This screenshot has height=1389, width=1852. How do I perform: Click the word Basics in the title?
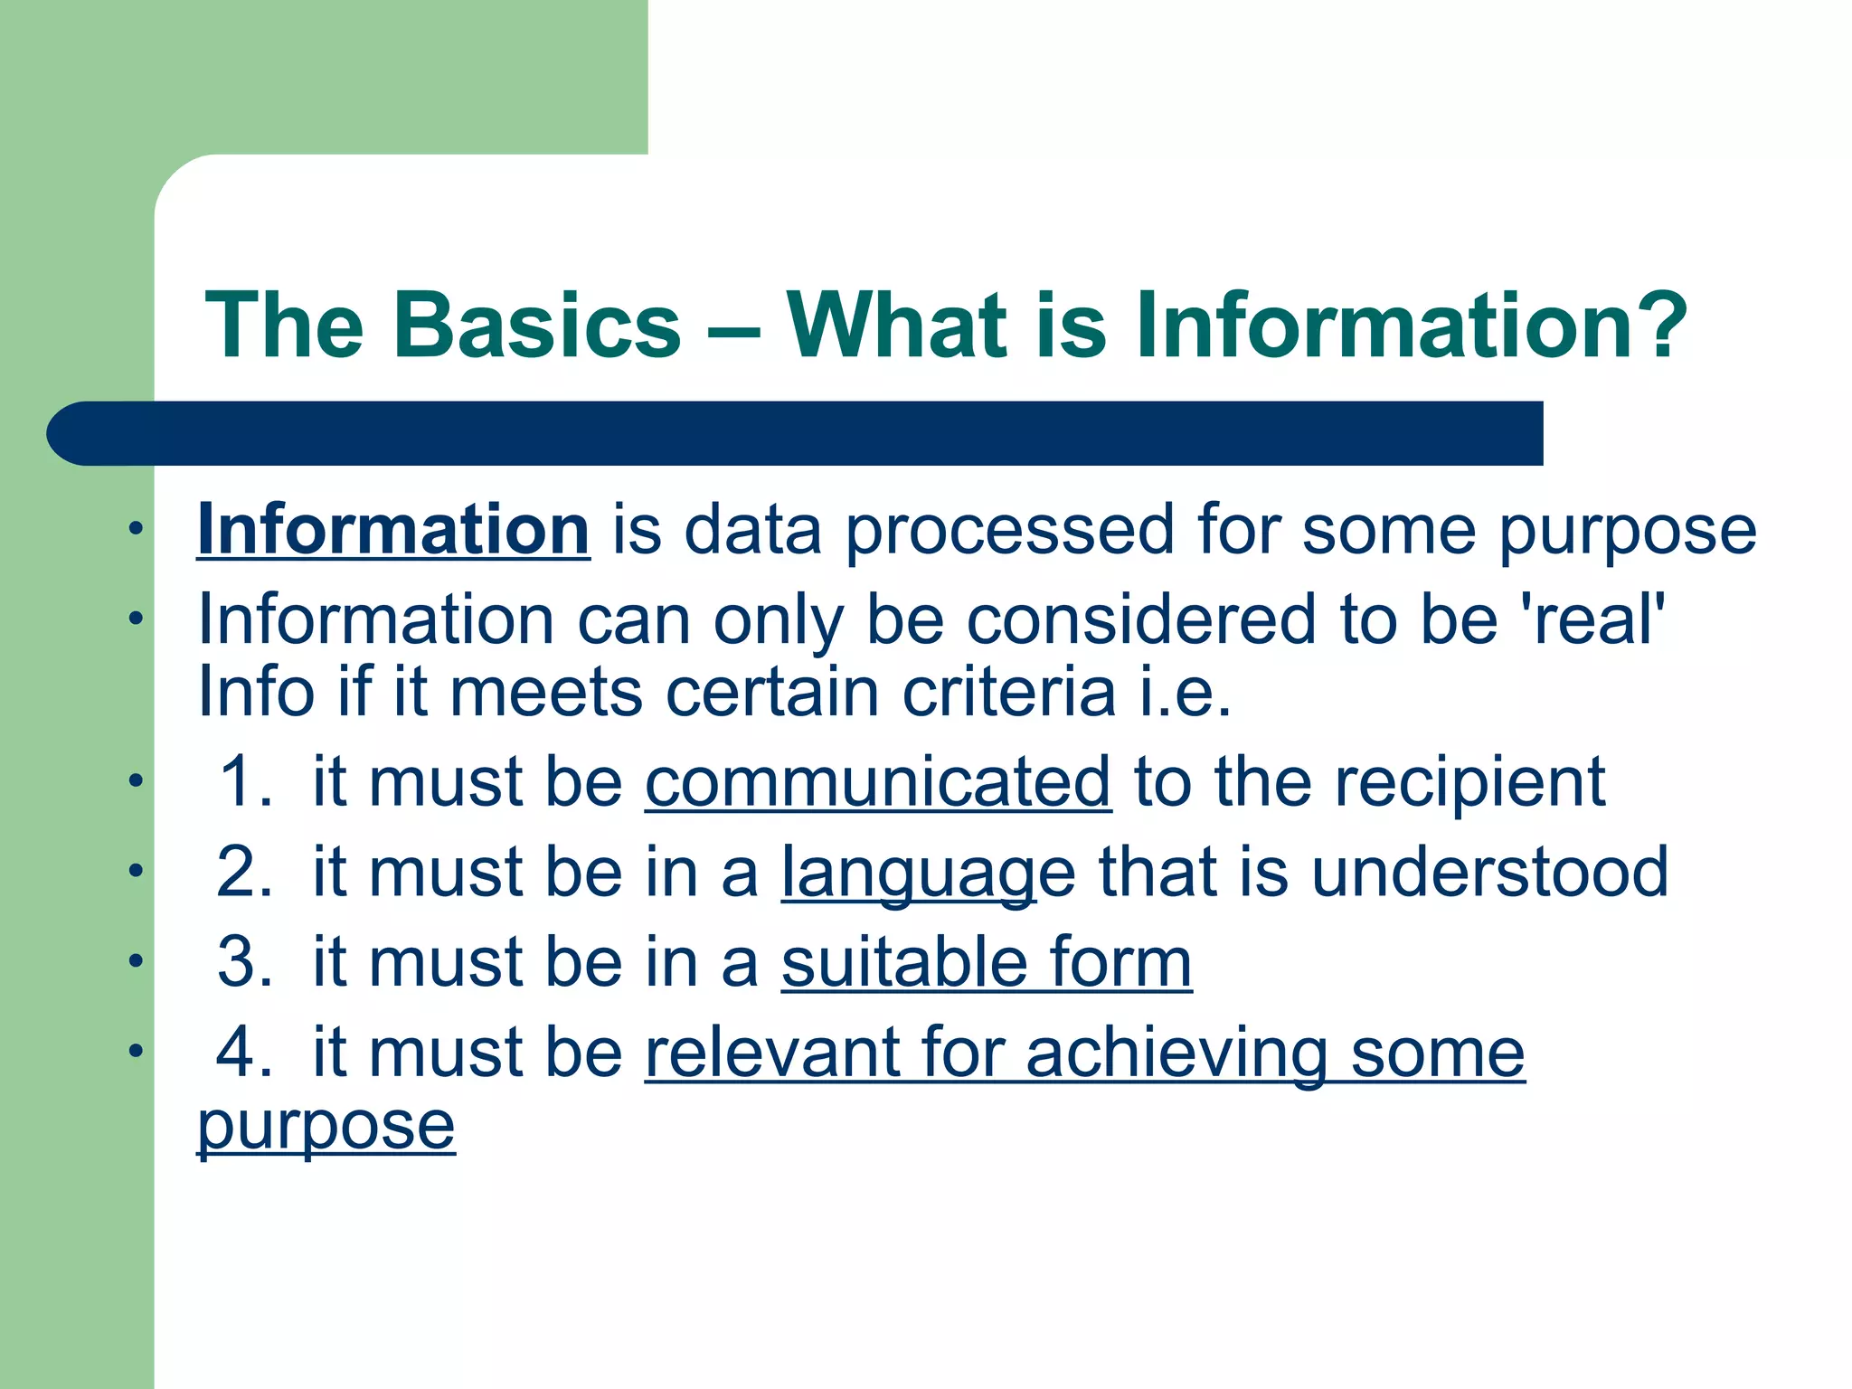[536, 326]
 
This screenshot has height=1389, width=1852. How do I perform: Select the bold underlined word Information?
[393, 530]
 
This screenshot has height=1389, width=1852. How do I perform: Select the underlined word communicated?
[877, 783]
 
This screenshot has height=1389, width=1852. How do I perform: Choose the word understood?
[1489, 873]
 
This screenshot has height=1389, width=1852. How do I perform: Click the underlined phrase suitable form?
[987, 963]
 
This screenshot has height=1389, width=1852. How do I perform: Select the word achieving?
[1176, 1054]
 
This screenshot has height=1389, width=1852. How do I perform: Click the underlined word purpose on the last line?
[326, 1127]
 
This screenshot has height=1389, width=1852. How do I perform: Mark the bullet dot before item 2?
[136, 871]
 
